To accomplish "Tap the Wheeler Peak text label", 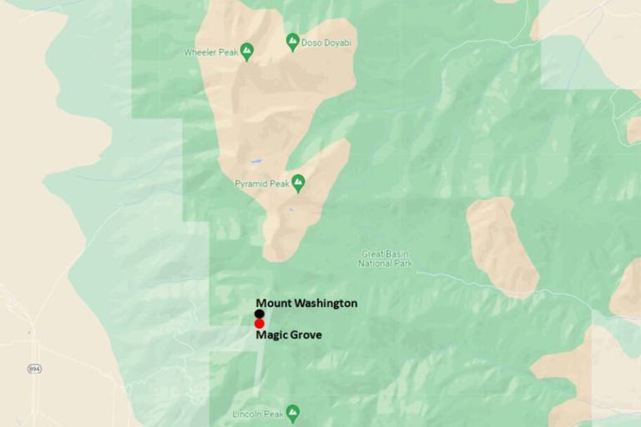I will click(210, 53).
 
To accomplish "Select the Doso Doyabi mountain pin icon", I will click(292, 39).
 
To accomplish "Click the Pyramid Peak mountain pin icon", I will click(298, 181).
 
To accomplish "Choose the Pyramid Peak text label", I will click(261, 182).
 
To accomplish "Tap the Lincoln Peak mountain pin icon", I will click(292, 412).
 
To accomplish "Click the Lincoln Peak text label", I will click(258, 413).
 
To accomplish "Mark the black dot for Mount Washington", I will click(260, 314).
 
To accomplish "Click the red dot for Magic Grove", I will click(260, 324).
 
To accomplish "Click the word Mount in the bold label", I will click(272, 303).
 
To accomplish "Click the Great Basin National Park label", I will click(385, 259).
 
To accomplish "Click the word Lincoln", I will click(249, 413).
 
